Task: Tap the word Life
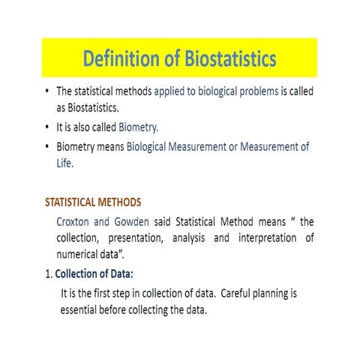pos(65,162)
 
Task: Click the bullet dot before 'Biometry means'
pos(48,148)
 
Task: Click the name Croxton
pos(76,222)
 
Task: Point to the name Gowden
pos(137,222)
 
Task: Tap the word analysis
pos(201,238)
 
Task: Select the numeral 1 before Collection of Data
pos(49,274)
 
